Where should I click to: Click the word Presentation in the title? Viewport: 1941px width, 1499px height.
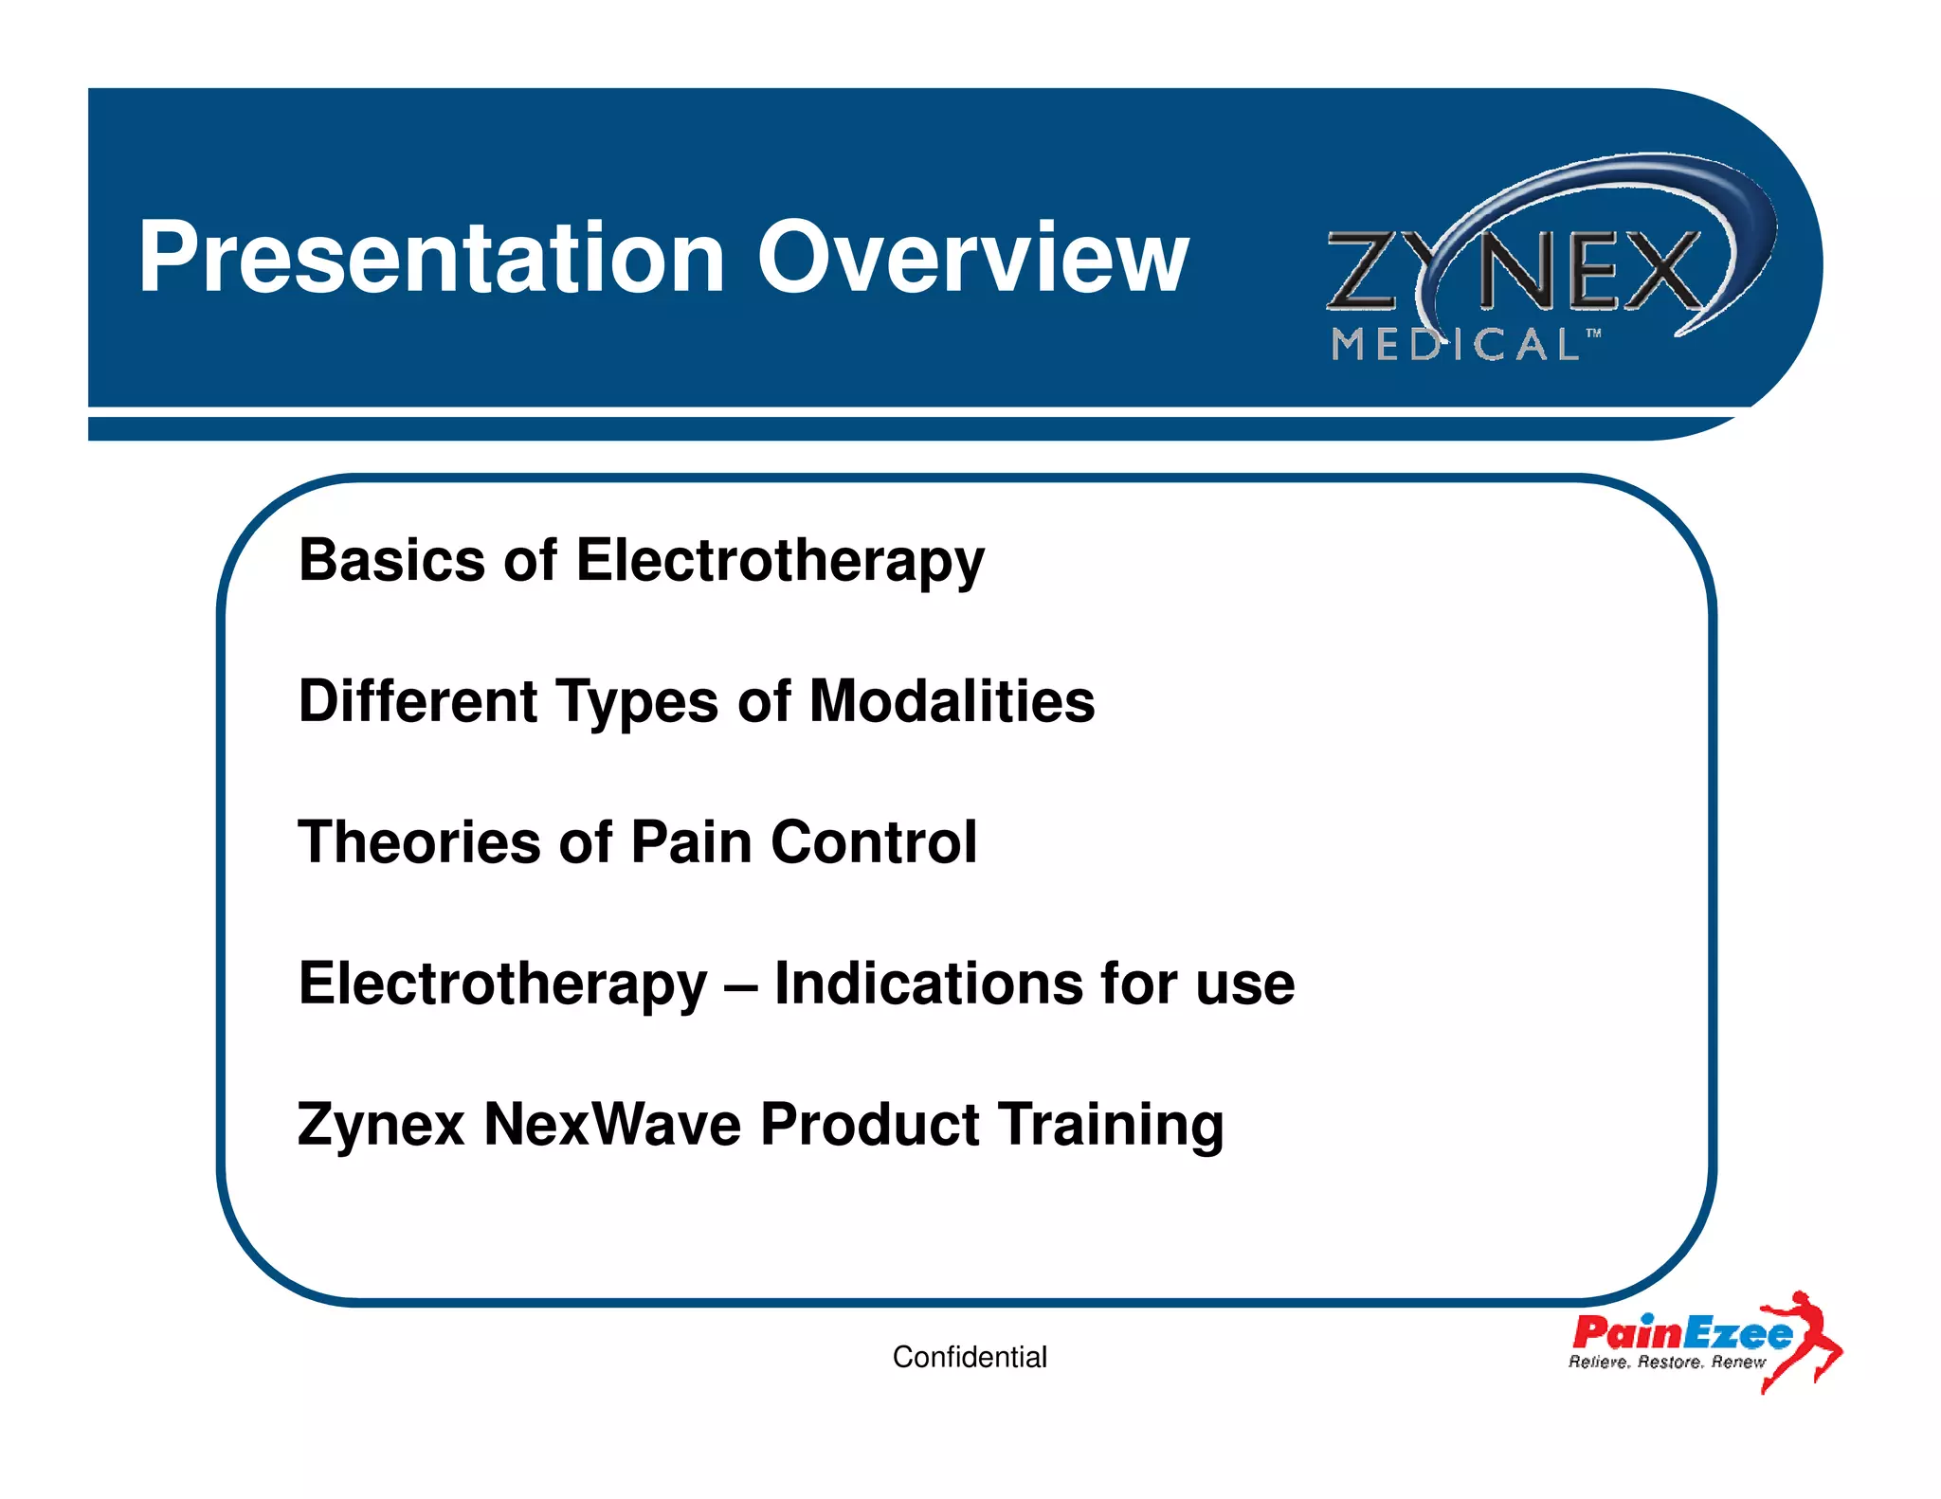click(431, 258)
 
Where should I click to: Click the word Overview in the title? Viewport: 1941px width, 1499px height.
click(971, 258)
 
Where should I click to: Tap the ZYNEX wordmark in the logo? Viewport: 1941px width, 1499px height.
click(1516, 272)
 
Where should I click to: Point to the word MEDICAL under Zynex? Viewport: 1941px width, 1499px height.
click(1455, 345)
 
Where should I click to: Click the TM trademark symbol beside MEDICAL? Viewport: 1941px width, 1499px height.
click(1594, 334)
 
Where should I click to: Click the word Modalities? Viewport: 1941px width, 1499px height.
click(952, 701)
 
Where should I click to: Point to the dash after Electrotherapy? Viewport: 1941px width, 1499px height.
click(740, 985)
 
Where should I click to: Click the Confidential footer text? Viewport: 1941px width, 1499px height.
click(970, 1357)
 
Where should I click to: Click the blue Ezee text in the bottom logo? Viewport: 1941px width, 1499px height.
click(1738, 1334)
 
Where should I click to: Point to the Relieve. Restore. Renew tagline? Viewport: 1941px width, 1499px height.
click(1666, 1363)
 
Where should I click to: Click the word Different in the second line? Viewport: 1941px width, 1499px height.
click(418, 701)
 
